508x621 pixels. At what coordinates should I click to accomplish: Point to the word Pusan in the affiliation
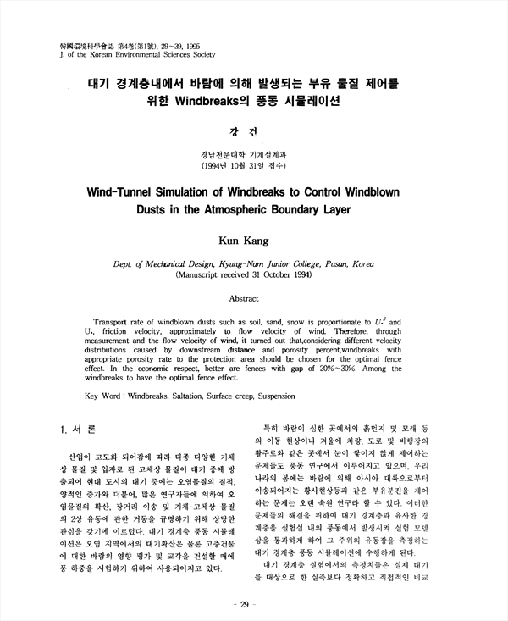pyautogui.click(x=327, y=263)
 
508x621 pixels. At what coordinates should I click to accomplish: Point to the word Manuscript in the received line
pyautogui.click(x=206, y=275)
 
